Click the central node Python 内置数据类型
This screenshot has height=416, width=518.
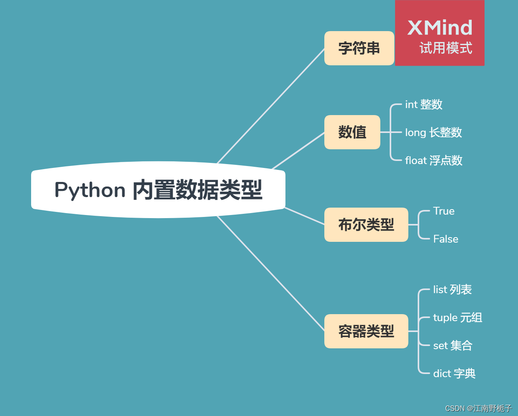tap(158, 190)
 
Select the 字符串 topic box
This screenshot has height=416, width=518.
tap(359, 48)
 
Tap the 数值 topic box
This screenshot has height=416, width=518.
tap(352, 132)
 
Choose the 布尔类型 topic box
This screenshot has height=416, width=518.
tap(366, 225)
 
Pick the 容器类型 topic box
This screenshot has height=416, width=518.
tap(366, 331)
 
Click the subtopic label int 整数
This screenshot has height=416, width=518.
tap(423, 105)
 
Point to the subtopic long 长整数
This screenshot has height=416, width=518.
tap(433, 133)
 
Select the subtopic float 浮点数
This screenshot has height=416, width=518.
tap(434, 161)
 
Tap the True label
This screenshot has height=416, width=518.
tap(444, 211)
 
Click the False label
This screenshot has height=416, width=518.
tap(446, 239)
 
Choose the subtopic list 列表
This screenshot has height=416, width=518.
tap(452, 290)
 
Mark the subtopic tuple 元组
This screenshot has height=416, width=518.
tap(457, 318)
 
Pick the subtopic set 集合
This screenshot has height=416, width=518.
tap(453, 346)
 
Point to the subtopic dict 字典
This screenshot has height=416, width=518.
tap(454, 374)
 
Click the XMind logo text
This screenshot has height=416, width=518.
tap(440, 28)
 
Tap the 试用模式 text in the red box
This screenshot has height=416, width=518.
tap(446, 48)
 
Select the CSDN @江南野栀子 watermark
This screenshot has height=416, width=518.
tap(478, 408)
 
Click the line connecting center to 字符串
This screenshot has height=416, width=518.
tap(271, 106)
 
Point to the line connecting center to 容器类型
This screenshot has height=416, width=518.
tap(271, 273)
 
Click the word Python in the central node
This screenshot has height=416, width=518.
tap(90, 190)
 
